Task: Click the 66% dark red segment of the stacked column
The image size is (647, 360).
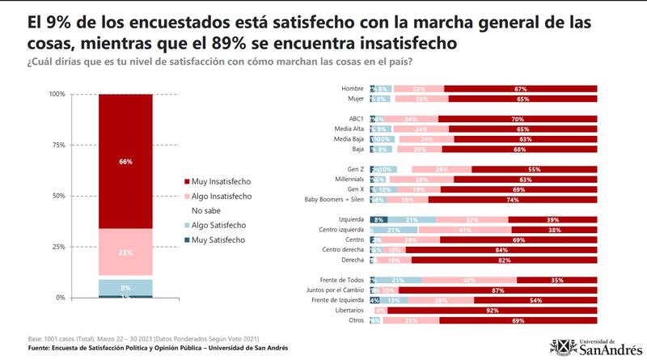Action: (125, 161)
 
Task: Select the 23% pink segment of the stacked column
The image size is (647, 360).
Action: (125, 252)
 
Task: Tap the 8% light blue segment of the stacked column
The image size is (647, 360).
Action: (125, 287)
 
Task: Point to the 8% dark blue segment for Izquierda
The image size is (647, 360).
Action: (378, 219)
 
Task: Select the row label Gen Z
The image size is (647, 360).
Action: (353, 168)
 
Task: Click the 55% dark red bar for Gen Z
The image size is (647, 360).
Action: (534, 168)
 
